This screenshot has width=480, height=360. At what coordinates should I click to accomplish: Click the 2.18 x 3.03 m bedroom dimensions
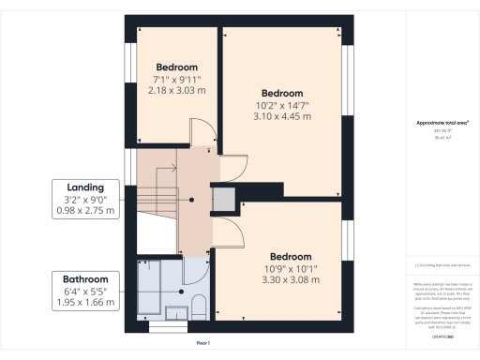(x=177, y=90)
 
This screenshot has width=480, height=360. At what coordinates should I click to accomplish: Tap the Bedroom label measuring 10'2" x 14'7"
(x=282, y=93)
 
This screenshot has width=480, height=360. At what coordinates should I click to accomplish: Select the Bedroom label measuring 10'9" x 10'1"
(x=291, y=256)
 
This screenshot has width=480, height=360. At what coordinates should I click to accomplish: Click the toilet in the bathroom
(x=198, y=304)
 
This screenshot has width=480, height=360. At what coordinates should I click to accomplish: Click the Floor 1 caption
(x=202, y=344)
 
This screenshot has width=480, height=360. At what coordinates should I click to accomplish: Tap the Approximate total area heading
(x=442, y=124)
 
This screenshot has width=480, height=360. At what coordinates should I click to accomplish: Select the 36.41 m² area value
(x=441, y=137)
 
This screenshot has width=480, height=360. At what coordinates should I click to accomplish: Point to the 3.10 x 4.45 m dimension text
(x=282, y=116)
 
